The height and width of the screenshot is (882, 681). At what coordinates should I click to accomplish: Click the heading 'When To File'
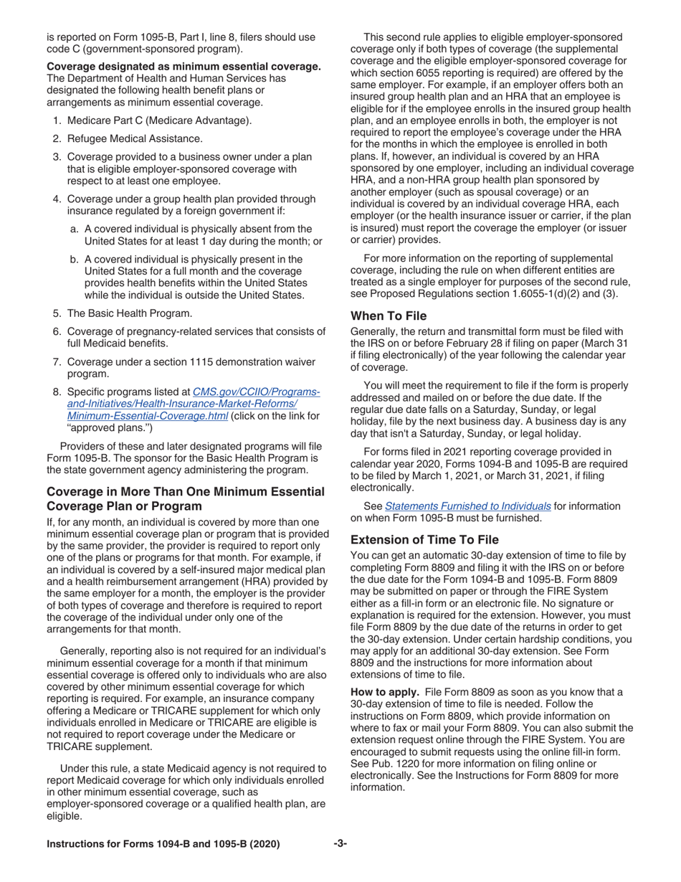[388, 316]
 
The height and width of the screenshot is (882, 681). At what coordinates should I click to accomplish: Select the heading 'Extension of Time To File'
[424, 539]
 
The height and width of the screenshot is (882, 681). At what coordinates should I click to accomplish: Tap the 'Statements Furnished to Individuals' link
[467, 506]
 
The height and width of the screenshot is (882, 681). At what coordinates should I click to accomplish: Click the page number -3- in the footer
[340, 844]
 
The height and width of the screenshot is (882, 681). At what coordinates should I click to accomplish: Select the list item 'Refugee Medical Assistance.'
[135, 138]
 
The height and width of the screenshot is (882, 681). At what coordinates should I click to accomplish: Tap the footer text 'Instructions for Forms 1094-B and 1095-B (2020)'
[163, 844]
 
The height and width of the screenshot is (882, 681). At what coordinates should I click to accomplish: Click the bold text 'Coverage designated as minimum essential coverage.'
[184, 67]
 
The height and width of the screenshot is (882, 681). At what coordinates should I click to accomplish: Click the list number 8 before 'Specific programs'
[57, 392]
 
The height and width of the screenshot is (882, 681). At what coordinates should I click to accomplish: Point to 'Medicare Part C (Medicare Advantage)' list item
[159, 120]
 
